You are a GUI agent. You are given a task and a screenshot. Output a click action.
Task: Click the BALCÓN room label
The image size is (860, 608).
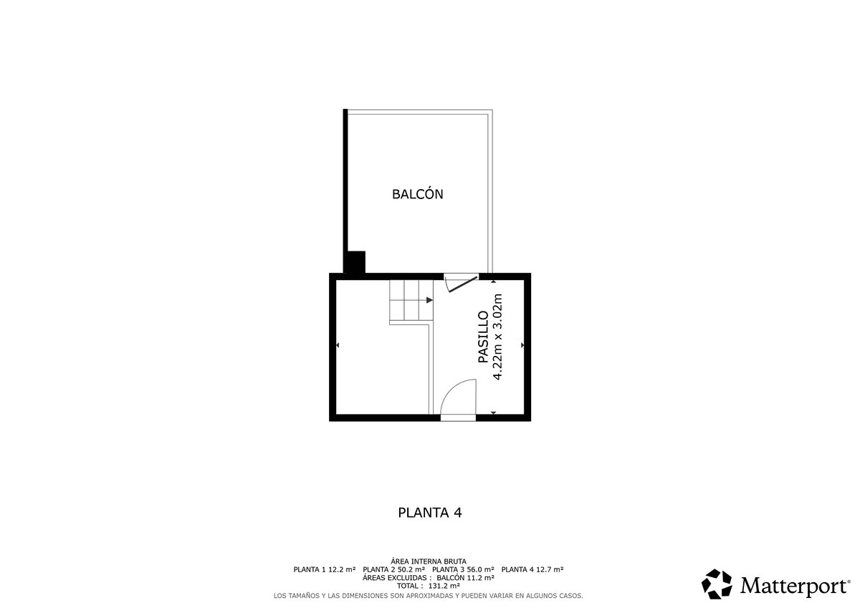[417, 194]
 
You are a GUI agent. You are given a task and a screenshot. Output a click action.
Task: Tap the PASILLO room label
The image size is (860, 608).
[483, 337]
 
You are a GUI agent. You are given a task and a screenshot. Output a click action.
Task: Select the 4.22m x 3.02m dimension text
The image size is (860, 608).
[497, 337]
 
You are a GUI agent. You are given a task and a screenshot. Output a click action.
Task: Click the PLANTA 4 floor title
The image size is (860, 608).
[429, 513]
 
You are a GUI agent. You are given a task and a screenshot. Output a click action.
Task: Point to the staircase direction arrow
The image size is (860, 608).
[429, 300]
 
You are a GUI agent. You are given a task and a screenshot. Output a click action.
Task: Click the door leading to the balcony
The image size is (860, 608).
[462, 283]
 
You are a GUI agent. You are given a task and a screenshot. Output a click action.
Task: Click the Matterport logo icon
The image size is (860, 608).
[717, 584]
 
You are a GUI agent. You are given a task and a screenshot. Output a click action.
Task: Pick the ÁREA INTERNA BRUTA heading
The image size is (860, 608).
[429, 561]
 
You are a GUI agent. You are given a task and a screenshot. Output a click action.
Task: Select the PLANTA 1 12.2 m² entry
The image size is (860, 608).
[325, 569]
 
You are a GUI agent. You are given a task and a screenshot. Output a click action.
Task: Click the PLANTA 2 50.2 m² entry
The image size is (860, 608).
[394, 569]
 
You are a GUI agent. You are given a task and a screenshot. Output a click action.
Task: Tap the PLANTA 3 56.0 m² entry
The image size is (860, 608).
[463, 569]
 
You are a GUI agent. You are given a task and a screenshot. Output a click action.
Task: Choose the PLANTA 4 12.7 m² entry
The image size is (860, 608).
[532, 569]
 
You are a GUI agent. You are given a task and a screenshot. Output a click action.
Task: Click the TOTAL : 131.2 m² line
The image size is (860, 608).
[429, 586]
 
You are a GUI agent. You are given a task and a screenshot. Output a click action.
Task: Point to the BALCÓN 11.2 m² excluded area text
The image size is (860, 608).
[465, 578]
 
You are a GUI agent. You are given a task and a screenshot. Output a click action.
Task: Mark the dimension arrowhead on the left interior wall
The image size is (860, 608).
[338, 345]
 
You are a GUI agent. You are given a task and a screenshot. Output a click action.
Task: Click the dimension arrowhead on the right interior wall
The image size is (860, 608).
[522, 345]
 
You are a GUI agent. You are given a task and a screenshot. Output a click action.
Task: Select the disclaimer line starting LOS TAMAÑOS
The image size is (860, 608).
[429, 596]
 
